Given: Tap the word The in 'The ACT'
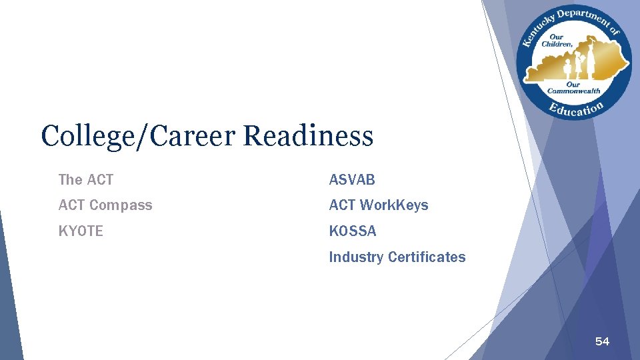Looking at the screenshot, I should [69, 179].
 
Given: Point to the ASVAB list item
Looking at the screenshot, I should [352, 179].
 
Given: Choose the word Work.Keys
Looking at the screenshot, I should [394, 205].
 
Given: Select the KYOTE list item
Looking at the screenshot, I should [81, 231].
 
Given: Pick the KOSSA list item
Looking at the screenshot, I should [353, 231].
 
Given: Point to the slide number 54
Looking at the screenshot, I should [602, 342].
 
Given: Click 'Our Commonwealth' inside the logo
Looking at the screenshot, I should [573, 88].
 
